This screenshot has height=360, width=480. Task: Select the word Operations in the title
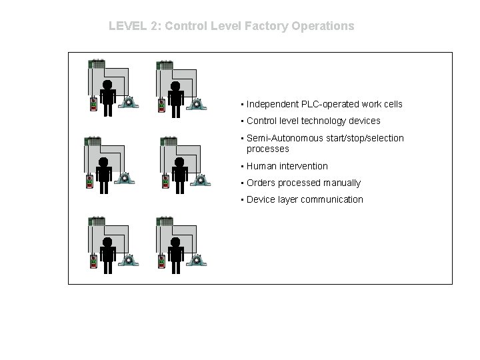point(323,27)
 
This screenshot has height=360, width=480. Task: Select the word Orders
point(261,183)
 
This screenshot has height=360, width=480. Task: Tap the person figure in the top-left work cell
point(107,97)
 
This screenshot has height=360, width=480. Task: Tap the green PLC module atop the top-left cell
point(97,65)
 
